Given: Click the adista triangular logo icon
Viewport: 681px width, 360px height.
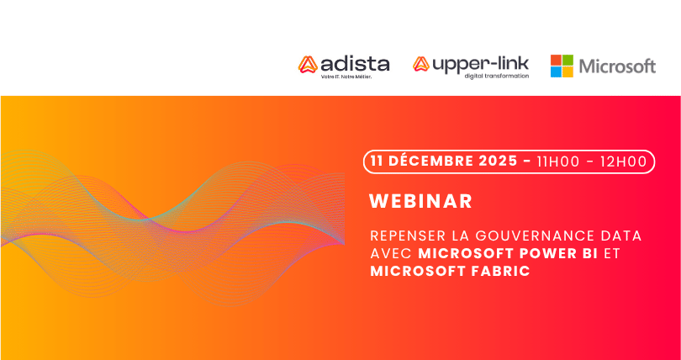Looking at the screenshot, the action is tap(308, 64).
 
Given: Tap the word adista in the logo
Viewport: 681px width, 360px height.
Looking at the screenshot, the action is tap(355, 64).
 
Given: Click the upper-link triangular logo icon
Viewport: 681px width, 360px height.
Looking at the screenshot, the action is tap(421, 64).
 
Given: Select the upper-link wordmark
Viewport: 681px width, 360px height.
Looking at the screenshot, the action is tap(480, 64).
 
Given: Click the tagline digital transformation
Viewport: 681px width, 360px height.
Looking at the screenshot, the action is tap(497, 76).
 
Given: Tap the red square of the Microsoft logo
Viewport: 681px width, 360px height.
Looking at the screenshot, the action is tap(556, 60).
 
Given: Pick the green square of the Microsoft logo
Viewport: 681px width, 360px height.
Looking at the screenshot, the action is tap(568, 60).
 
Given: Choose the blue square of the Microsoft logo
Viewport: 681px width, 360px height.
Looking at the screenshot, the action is tap(556, 72).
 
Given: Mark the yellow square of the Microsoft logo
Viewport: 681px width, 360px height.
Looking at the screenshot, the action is tap(568, 72).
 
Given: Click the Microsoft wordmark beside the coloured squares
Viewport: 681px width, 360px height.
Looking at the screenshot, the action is tap(618, 66).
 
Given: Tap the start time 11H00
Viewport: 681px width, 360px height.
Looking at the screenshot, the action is tap(558, 161).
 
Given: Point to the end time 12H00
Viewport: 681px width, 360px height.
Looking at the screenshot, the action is tap(624, 161).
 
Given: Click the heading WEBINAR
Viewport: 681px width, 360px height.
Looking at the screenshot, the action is tap(421, 201).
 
